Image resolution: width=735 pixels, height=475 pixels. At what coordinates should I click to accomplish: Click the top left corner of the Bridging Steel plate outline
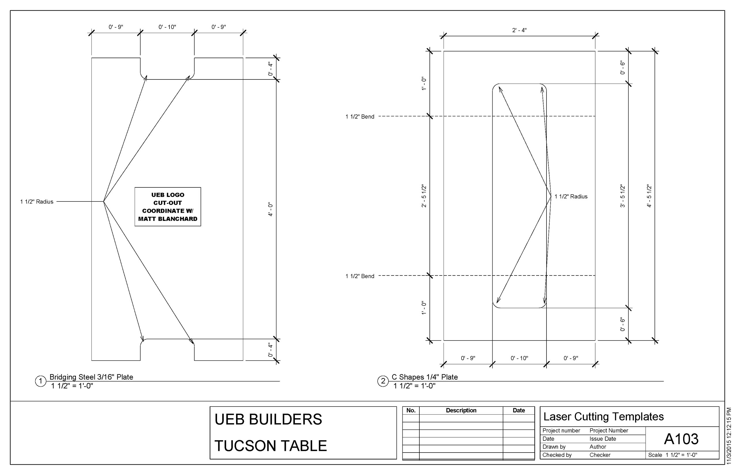coord(92,58)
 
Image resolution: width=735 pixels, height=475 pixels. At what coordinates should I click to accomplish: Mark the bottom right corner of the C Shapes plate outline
coord(595,341)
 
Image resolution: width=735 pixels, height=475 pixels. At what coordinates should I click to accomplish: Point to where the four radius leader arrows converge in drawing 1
coord(103,202)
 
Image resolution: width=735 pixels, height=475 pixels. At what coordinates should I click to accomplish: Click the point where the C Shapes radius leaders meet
coord(551,196)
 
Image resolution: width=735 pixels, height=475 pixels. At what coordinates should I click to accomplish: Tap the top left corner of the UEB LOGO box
coord(135,187)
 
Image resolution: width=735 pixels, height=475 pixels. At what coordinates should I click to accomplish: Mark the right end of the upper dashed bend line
coord(595,116)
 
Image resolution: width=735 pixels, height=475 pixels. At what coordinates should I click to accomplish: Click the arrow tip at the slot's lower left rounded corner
coord(497,303)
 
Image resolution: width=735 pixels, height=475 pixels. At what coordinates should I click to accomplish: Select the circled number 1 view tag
coord(40,381)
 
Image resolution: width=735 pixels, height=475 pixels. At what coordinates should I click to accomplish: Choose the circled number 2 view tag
coord(383,381)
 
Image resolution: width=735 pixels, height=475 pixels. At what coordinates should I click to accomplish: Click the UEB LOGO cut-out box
coord(168,207)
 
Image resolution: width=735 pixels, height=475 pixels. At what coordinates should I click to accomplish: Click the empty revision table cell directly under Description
coord(461,418)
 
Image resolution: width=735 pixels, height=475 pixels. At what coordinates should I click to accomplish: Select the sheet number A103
coord(681,439)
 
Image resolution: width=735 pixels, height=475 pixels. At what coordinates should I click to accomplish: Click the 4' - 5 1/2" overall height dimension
coord(649,196)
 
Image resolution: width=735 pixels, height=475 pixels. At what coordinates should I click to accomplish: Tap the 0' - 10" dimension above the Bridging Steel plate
coord(167,27)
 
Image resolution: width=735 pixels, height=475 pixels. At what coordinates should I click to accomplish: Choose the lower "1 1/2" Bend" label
coord(360,276)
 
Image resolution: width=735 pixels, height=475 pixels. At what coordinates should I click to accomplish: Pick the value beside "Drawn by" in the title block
coord(598,447)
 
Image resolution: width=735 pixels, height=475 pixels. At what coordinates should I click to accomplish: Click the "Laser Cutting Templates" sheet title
coord(604,417)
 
